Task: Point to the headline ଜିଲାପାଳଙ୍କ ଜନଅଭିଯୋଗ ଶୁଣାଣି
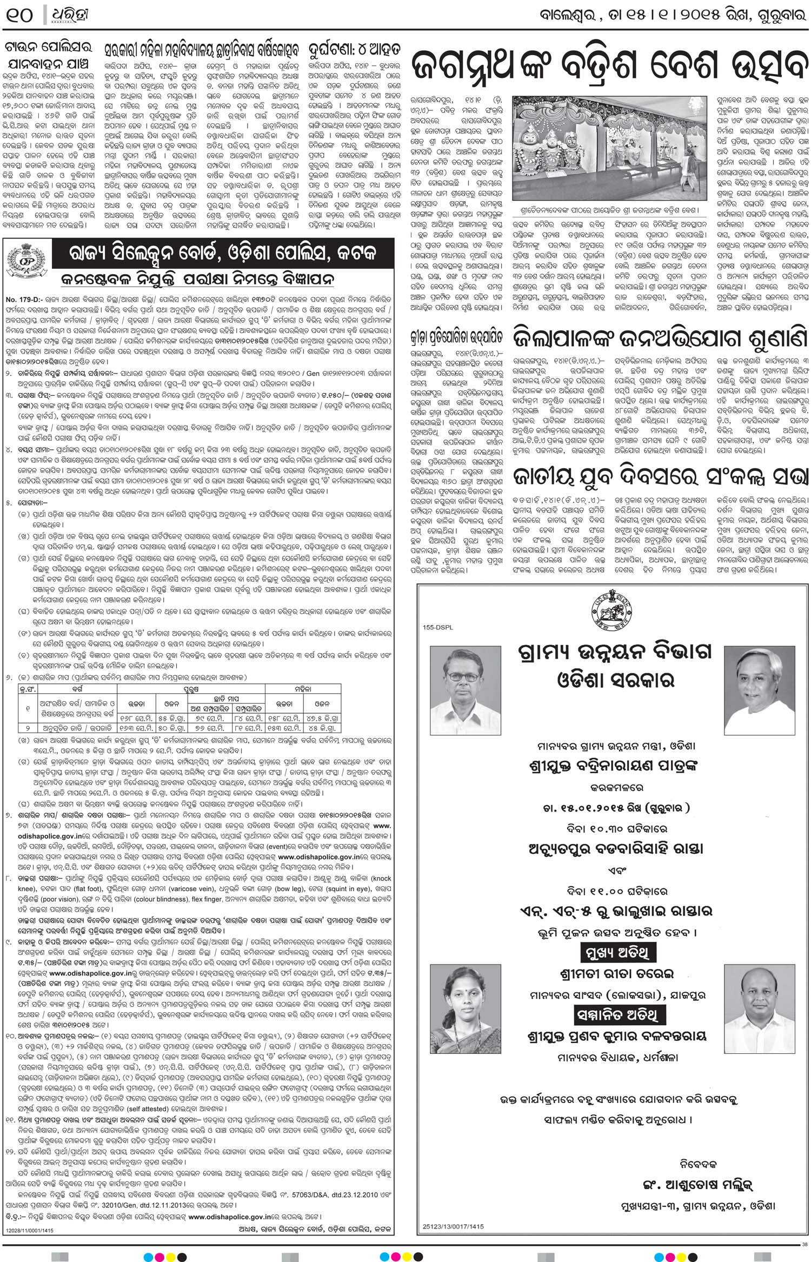click(660, 337)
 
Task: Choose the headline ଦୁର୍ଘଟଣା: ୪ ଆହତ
click(354, 50)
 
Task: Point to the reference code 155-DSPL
click(438, 627)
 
